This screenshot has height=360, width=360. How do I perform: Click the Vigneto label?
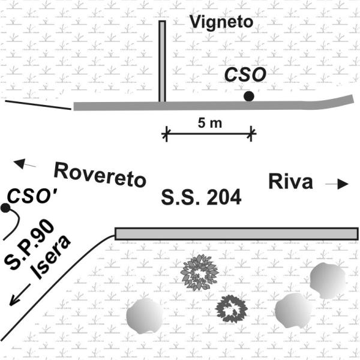(221, 23)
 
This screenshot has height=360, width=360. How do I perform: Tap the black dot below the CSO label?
(249, 96)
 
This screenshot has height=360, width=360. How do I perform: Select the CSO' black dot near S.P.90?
(5, 208)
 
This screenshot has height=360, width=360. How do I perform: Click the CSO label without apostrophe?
(245, 75)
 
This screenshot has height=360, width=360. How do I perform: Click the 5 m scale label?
(210, 123)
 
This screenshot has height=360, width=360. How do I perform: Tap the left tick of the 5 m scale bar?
(166, 134)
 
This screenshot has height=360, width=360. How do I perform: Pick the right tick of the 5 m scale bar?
(251, 134)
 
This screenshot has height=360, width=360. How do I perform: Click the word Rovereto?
(100, 175)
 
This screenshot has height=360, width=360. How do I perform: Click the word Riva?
(290, 182)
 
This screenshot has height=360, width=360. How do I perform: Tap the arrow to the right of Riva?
(337, 184)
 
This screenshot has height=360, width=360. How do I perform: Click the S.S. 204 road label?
(201, 197)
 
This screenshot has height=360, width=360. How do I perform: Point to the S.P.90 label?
(29, 245)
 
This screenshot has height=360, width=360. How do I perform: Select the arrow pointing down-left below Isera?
(20, 295)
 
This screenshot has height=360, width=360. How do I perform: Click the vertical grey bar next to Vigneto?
(162, 61)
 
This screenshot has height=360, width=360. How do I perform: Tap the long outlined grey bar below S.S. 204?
(236, 234)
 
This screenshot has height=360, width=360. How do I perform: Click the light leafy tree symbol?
(199, 272)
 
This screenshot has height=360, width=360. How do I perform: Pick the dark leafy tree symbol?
(231, 309)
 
